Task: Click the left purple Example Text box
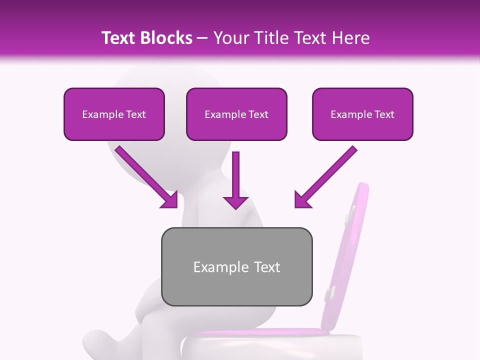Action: [x=114, y=114]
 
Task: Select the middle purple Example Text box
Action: [x=236, y=114]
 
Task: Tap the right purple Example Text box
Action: [x=362, y=114]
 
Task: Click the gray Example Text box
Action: [x=236, y=266]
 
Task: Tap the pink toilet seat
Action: [x=260, y=332]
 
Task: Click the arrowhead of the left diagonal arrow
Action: [x=170, y=200]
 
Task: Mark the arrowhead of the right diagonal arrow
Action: [x=302, y=199]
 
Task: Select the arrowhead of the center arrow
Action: [x=235, y=201]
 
